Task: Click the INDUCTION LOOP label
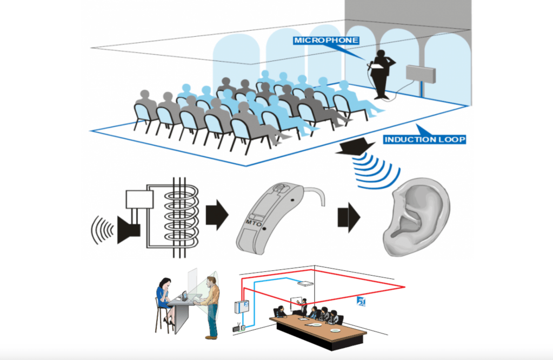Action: tap(424, 139)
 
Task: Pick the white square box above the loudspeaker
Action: tap(139, 199)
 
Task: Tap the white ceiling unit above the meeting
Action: tap(306, 282)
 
